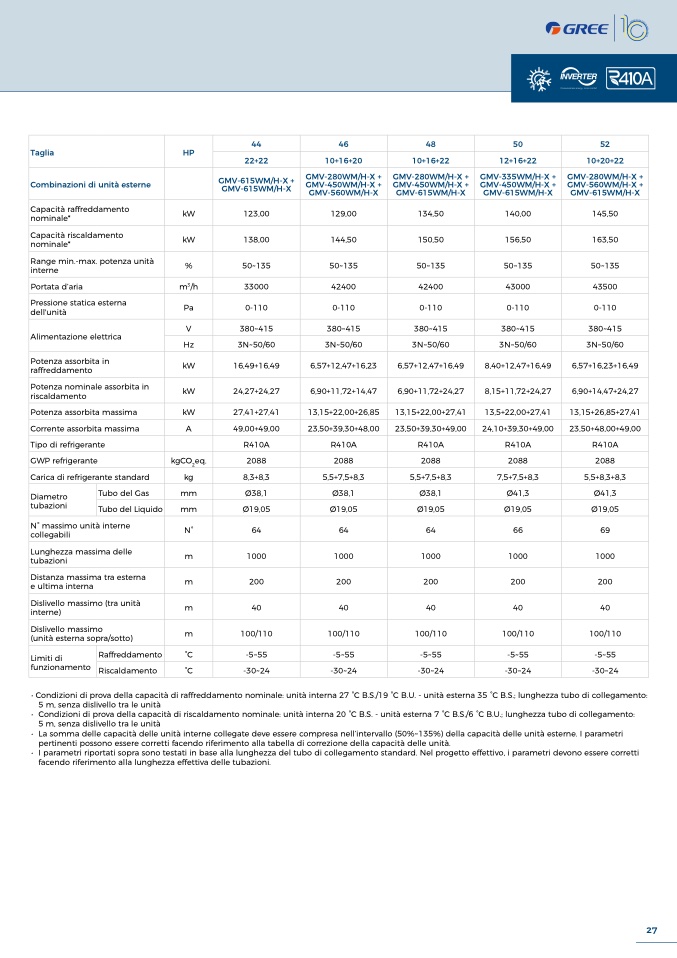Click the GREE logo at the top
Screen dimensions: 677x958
[x=576, y=29]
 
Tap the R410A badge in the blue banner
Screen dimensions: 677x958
[x=631, y=78]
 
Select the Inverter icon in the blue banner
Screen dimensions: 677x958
[x=578, y=78]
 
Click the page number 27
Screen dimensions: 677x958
[x=651, y=930]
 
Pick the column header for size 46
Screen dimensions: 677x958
[x=343, y=144]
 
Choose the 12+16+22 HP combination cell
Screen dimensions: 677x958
[x=518, y=161]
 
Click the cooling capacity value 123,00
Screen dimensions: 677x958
[x=256, y=214]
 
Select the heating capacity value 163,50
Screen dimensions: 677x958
[x=605, y=240]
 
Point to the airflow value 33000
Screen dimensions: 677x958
[x=256, y=287]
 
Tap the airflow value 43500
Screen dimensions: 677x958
[x=605, y=287]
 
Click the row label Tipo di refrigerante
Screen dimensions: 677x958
[x=68, y=445]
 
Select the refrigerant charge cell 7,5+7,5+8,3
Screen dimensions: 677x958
[x=518, y=477]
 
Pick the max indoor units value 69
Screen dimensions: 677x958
[x=605, y=530]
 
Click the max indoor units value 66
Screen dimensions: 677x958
[x=518, y=530]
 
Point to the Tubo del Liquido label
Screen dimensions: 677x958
[x=130, y=509]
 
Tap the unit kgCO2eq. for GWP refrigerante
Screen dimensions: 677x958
[x=188, y=461]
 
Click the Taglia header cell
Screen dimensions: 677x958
[x=42, y=153]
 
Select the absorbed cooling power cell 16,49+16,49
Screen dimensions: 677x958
[x=256, y=366]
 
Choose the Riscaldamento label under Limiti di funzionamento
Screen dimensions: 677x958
[x=128, y=671]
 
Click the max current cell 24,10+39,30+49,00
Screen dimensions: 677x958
[x=518, y=429]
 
